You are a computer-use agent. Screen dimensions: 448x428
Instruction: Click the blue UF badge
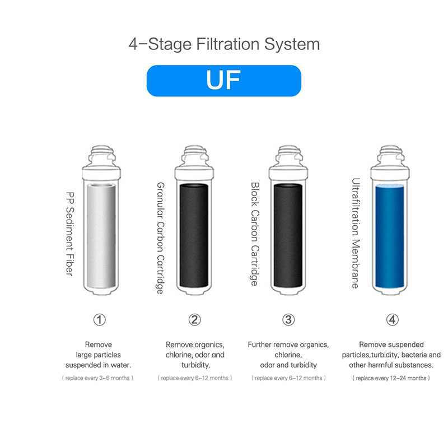223,81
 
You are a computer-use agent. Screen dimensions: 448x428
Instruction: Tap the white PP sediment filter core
101,236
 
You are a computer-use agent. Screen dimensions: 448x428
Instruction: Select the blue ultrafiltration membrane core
389,236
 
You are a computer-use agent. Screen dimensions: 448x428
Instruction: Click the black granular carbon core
194,235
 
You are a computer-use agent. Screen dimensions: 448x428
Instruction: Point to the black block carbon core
288,235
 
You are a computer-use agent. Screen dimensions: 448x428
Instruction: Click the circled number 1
100,320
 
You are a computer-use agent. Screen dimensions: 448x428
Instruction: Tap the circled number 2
194,320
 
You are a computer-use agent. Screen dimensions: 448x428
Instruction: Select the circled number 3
288,320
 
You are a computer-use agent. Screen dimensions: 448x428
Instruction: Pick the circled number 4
393,320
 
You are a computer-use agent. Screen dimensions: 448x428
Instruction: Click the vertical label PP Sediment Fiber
70,234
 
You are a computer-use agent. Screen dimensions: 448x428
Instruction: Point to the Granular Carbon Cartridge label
161,238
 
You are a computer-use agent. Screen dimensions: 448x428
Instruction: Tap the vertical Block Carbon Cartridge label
255,234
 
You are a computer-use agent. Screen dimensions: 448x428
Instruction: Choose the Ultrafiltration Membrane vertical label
356,233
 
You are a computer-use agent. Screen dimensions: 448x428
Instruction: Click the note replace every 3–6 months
97,378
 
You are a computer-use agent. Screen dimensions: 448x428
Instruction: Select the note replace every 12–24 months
391,378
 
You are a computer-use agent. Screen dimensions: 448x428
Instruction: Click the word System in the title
292,45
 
